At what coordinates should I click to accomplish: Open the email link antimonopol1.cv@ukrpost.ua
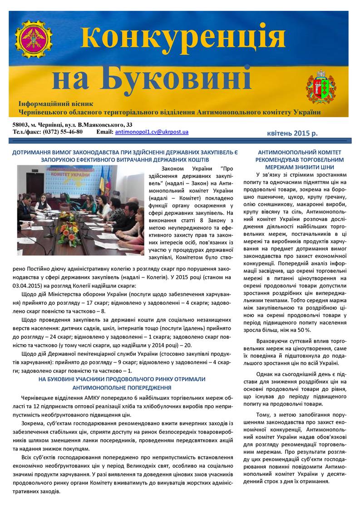[152, 132]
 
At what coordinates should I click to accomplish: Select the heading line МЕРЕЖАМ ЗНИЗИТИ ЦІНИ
[299, 167]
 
